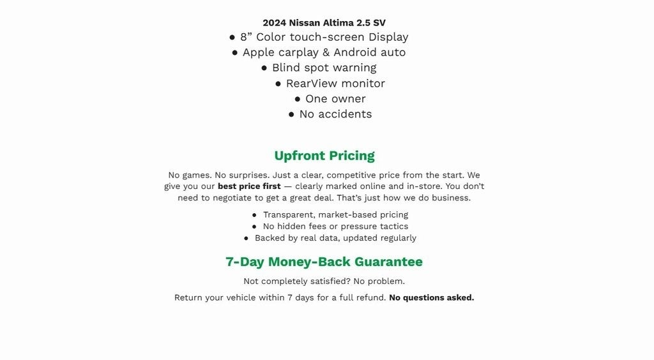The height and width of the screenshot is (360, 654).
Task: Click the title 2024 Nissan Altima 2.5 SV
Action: coord(324,22)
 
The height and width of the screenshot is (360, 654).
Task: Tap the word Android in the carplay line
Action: coord(354,52)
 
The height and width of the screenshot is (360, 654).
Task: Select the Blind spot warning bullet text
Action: coord(324,68)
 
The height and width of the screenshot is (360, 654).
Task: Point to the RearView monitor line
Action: coord(335,84)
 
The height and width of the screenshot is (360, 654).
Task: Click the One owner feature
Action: coord(335,99)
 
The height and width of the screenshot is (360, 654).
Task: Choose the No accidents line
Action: coord(335,114)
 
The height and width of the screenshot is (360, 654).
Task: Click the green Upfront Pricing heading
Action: coord(324,156)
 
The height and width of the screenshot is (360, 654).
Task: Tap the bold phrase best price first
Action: coord(249,186)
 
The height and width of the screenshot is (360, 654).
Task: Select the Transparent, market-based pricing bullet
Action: coord(335,215)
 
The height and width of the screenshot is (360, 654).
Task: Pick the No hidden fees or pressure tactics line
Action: coord(335,227)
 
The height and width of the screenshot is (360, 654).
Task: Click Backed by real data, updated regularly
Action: coord(335,238)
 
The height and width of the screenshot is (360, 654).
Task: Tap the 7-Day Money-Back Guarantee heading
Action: coord(324,262)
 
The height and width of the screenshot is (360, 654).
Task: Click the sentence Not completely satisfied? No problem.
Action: coord(324,281)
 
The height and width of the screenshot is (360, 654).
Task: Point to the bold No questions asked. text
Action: coord(431,297)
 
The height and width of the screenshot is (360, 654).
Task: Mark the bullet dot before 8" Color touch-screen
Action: coord(232,38)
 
